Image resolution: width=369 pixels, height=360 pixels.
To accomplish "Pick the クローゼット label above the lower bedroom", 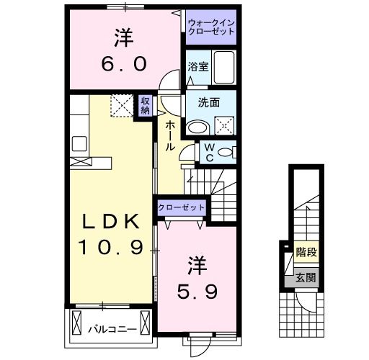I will click(182, 207).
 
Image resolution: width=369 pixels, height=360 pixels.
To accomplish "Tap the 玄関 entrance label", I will click(306, 277).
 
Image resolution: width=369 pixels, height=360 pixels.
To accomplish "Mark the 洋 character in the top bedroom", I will click(123, 36).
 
